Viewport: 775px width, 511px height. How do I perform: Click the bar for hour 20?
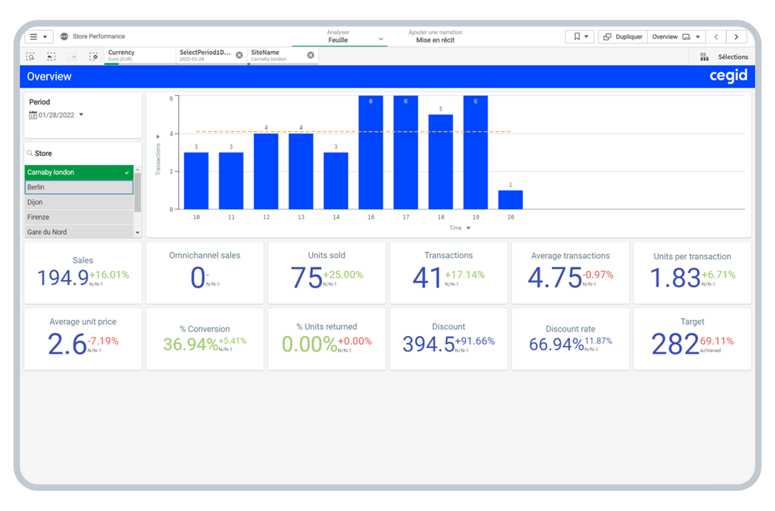tap(510, 200)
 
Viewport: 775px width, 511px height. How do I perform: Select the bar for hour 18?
tap(441, 162)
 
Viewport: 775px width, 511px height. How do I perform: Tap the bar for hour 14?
tap(336, 180)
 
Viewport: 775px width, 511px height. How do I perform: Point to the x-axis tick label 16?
tap(371, 217)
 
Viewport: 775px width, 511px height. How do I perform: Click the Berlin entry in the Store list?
tap(79, 187)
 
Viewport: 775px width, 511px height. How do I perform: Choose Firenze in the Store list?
tap(79, 217)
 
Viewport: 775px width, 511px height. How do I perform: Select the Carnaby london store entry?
tap(79, 172)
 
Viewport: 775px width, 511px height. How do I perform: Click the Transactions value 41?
tap(427, 278)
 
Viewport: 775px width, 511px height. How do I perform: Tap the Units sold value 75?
tap(306, 278)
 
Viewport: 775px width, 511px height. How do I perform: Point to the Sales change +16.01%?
tap(109, 275)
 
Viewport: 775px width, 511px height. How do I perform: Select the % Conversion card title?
tap(205, 329)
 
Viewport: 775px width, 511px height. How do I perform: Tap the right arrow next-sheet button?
tap(736, 37)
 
